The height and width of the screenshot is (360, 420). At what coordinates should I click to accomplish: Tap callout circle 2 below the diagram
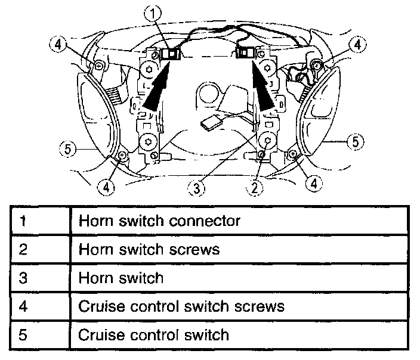coord(255,188)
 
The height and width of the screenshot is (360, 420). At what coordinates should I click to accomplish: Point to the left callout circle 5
coord(69,149)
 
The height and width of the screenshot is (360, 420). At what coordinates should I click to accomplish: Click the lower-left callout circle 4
coord(104,187)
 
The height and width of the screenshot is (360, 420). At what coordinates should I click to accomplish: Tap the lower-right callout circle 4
coord(313,183)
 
